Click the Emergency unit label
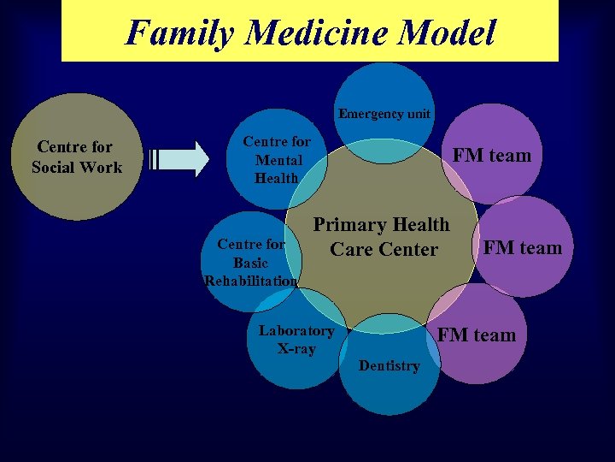pyautogui.click(x=384, y=114)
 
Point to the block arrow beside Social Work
pyautogui.click(x=180, y=158)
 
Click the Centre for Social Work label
pyautogui.click(x=76, y=157)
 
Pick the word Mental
pyautogui.click(x=278, y=160)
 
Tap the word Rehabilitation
pyautogui.click(x=251, y=281)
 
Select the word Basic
pyautogui.click(x=250, y=263)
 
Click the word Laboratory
pyautogui.click(x=296, y=330)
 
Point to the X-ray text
pyautogui.click(x=296, y=348)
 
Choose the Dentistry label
pyautogui.click(x=389, y=366)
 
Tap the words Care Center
pyautogui.click(x=384, y=250)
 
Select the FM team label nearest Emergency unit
pyautogui.click(x=492, y=156)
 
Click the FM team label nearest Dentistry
pyautogui.click(x=477, y=335)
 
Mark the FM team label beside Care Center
pyautogui.click(x=523, y=248)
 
